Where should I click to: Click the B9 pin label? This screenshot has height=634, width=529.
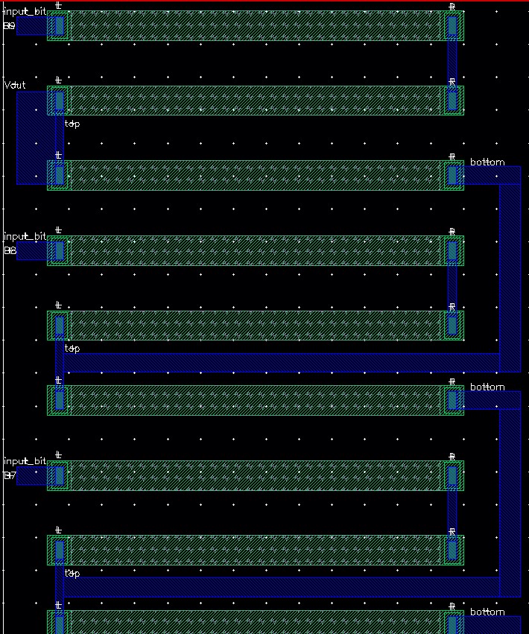(x=10, y=26)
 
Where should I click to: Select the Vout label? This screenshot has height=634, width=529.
(x=15, y=85)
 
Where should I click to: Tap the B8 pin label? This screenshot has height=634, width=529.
(x=10, y=251)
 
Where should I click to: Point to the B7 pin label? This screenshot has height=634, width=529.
(x=10, y=476)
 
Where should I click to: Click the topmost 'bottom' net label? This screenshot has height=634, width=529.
(x=487, y=162)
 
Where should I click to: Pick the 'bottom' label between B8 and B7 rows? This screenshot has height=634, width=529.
(x=487, y=387)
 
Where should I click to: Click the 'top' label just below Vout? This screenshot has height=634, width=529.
(x=72, y=124)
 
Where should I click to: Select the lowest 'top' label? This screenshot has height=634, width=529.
(x=72, y=573)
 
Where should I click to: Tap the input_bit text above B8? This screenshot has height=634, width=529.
(x=25, y=237)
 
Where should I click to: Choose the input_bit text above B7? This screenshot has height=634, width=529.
(x=25, y=462)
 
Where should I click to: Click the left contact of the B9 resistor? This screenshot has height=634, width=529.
(x=59, y=26)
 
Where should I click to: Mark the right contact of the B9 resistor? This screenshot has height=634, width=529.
(x=452, y=26)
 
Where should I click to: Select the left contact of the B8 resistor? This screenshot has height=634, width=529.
(x=59, y=251)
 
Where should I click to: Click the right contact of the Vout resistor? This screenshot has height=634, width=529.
(x=452, y=101)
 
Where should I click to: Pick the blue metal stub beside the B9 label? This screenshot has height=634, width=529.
(x=31, y=26)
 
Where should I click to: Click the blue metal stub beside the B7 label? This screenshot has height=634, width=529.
(x=31, y=476)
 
